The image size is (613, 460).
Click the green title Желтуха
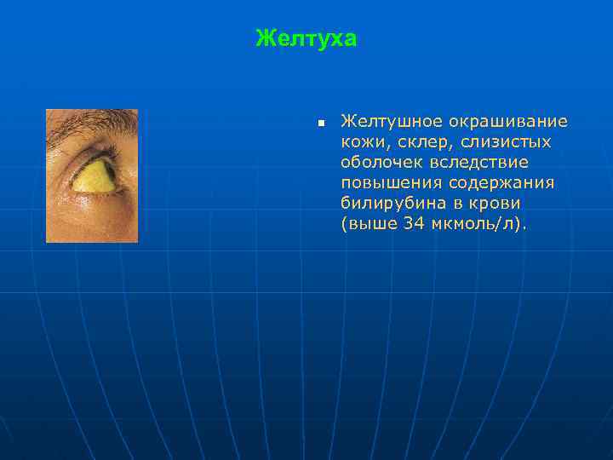pos(306,39)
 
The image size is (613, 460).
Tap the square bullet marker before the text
pos(320,124)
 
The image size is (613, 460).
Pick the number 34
pos(413,224)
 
